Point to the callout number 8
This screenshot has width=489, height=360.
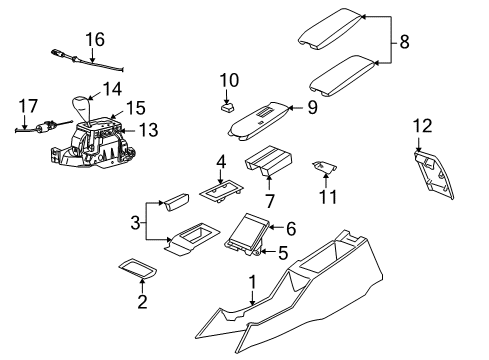click(403, 44)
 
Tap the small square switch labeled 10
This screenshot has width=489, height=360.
click(228, 102)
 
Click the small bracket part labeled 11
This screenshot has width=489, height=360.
click(323, 170)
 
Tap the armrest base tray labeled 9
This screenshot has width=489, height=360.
click(258, 119)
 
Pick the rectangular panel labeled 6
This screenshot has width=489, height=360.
click(247, 235)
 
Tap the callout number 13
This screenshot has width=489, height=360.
click(148, 128)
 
